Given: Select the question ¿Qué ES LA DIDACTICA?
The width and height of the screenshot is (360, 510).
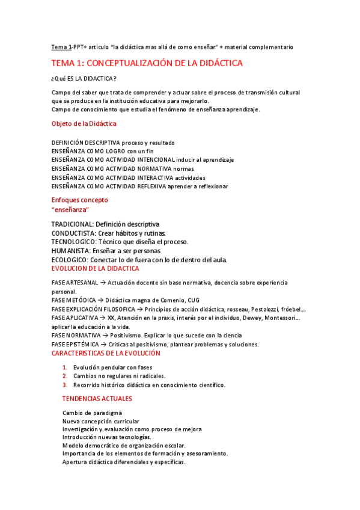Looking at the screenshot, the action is [84, 79].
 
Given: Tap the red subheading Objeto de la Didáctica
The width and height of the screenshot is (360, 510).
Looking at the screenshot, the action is [84, 124].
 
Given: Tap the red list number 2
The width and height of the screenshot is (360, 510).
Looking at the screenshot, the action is [65, 376].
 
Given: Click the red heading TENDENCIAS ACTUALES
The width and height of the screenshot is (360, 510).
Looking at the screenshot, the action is [97, 399].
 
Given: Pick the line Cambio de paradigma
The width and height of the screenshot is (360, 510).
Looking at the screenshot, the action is [92, 413].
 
